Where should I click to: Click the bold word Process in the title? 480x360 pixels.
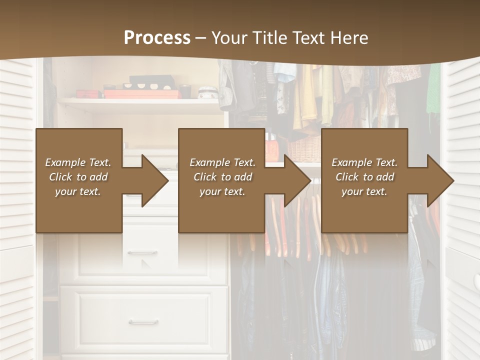[x=157, y=38]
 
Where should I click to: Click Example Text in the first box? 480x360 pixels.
[x=78, y=162]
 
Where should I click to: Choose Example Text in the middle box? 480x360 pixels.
[x=222, y=162]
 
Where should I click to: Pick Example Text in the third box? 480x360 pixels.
[x=364, y=162]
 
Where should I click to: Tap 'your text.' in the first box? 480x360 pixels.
[x=78, y=191]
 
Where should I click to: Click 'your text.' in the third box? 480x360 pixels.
[x=364, y=191]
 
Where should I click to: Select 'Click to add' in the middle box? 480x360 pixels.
[x=222, y=177]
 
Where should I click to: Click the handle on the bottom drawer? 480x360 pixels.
[x=143, y=322]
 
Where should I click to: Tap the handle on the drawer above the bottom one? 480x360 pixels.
[x=142, y=253]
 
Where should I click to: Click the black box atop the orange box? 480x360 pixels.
[x=151, y=81]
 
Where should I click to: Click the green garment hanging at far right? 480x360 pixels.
[x=433, y=90]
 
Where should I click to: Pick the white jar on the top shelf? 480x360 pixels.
[x=207, y=93]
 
